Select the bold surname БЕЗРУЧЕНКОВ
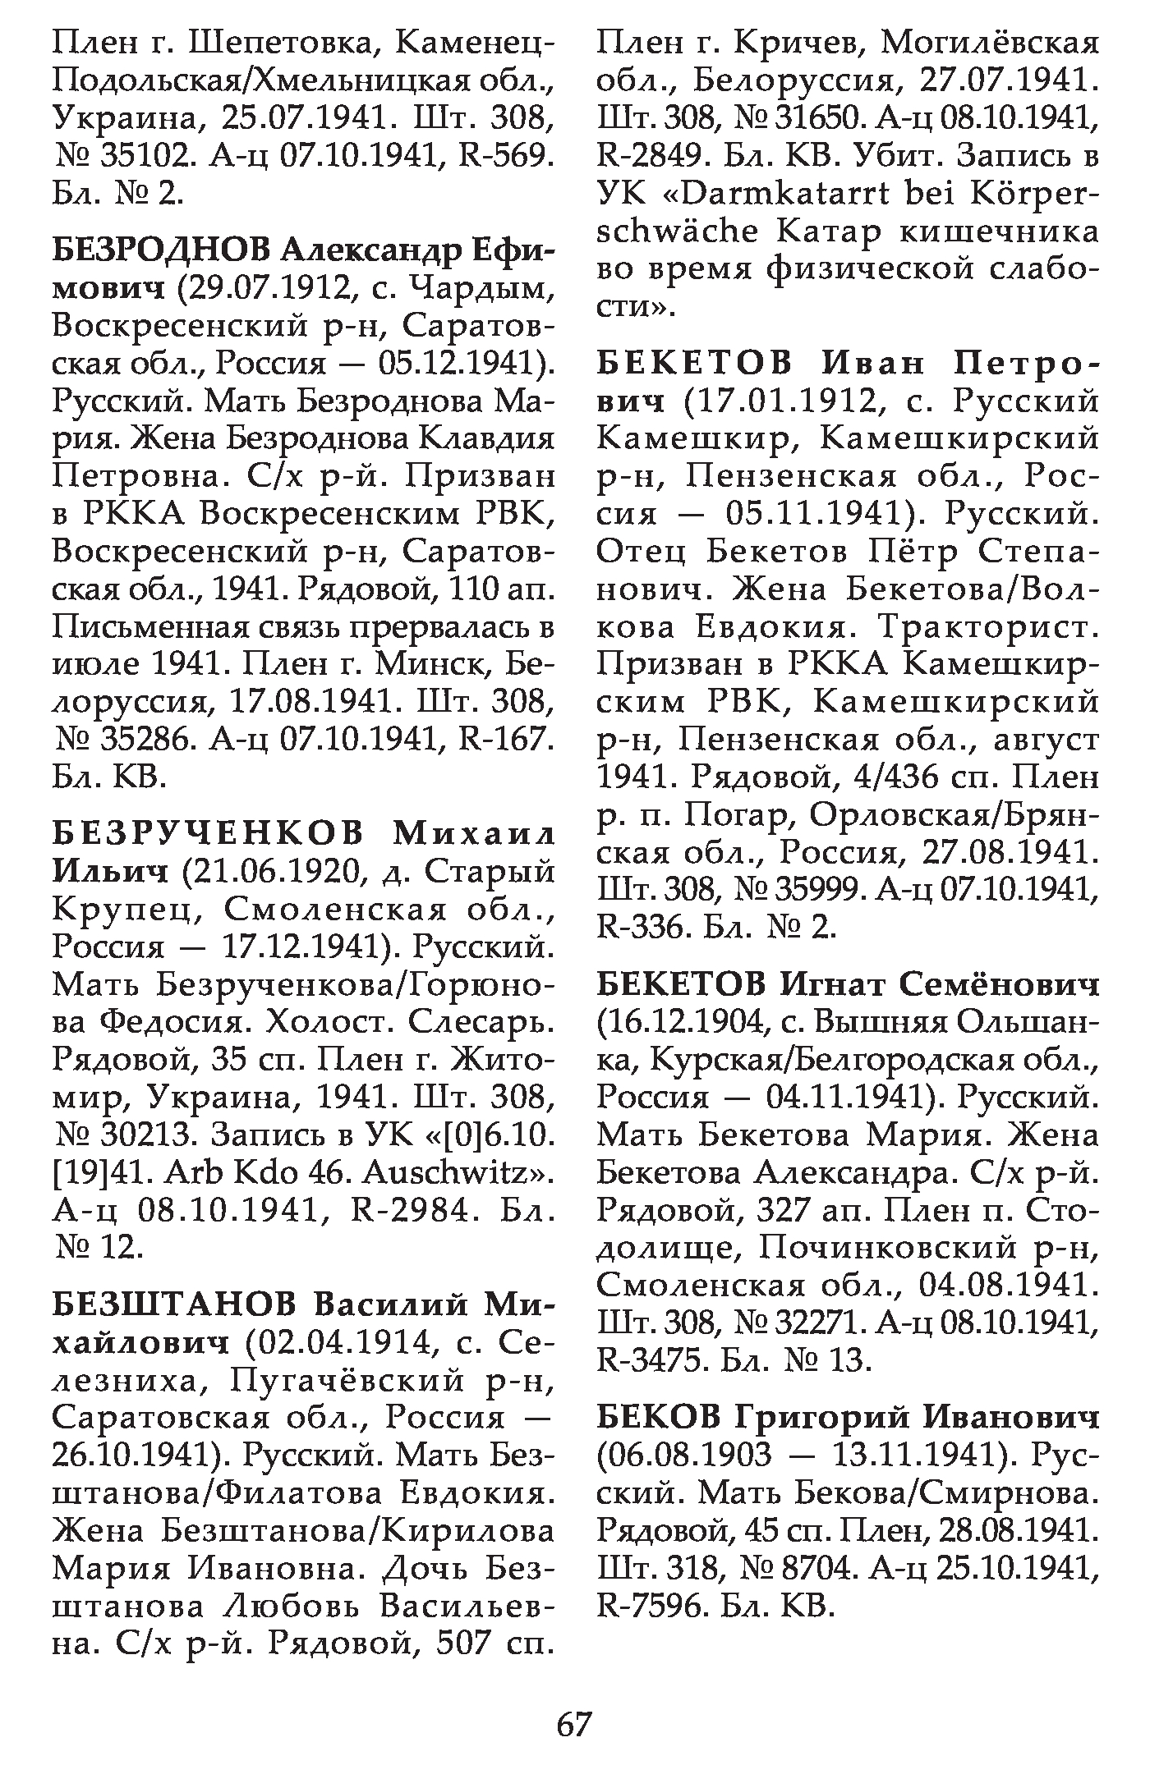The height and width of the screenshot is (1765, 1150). (x=208, y=833)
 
